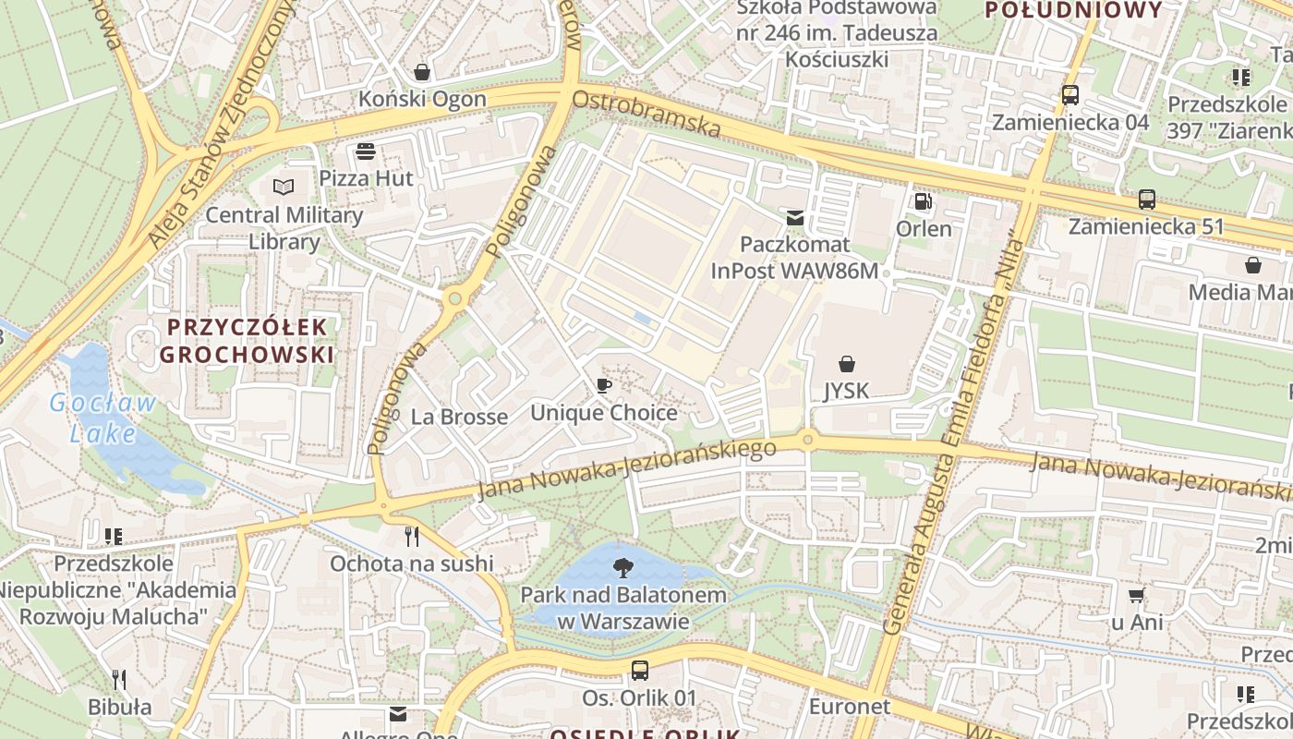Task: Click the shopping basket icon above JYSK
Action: point(846,364)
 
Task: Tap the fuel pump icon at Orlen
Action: point(922,201)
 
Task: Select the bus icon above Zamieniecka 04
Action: point(1069,95)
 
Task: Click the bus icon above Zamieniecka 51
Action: point(1146,199)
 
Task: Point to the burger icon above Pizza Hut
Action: point(366,151)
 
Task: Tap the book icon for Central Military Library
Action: point(283,188)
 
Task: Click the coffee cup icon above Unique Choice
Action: point(603,386)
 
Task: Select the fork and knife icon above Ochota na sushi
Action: point(412,536)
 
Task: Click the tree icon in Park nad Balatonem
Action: point(623,566)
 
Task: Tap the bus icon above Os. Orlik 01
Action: point(639,671)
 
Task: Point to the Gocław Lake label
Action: point(103,418)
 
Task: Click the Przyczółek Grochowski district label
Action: point(247,340)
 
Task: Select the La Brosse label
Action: point(459,417)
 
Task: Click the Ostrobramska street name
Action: point(646,113)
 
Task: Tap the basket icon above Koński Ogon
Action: point(422,72)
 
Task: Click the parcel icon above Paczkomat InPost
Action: point(794,218)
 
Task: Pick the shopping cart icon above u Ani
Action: point(1137,596)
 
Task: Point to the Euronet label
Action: point(849,707)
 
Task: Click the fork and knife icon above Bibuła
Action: point(119,680)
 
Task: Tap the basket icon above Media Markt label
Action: point(1253,266)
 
